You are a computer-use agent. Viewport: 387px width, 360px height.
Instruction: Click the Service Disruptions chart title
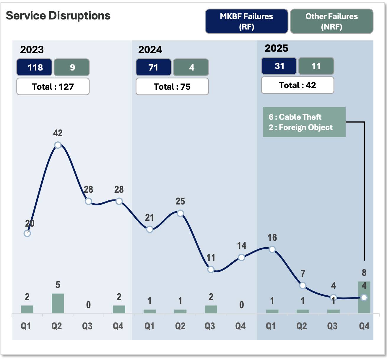[58, 16]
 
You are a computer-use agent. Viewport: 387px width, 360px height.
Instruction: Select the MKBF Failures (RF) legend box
[246, 21]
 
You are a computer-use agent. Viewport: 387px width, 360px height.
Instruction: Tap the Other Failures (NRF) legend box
[331, 21]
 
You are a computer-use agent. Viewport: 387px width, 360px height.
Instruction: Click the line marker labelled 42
[58, 145]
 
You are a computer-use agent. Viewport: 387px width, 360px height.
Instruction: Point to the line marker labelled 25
[180, 213]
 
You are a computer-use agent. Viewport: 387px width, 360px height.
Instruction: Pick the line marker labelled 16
[272, 249]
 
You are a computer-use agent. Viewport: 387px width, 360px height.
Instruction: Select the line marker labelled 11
[211, 269]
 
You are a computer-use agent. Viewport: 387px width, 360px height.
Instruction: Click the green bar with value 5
[58, 303]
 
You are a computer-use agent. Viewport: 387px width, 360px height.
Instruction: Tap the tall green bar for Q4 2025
[364, 297]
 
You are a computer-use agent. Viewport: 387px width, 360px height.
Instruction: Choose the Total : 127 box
[53, 86]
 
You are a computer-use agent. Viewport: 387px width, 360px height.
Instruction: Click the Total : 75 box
[172, 86]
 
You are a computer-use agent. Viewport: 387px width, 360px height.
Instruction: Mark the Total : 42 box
[297, 85]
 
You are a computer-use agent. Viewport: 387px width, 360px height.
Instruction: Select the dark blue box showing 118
[35, 67]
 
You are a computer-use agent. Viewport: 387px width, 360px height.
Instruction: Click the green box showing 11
[316, 66]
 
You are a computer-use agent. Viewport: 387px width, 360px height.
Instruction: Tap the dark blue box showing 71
[153, 67]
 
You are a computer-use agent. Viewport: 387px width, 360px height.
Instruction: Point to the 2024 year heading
[150, 50]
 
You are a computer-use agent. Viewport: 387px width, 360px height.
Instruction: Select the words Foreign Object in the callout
[306, 127]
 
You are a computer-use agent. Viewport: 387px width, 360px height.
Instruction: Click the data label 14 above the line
[242, 246]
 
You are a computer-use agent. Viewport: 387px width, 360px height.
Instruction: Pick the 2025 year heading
[276, 48]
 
